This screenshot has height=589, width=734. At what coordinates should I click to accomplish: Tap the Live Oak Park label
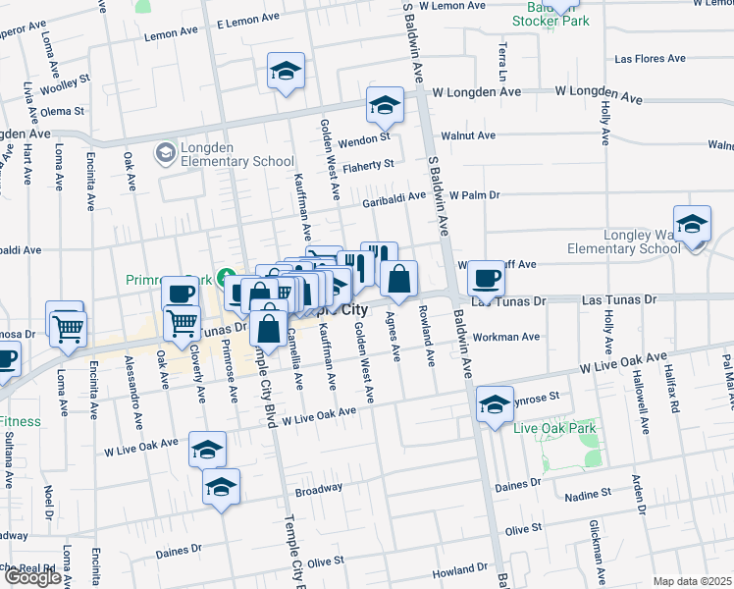pos(554,428)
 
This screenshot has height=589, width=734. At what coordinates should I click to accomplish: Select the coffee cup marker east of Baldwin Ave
pos(486,279)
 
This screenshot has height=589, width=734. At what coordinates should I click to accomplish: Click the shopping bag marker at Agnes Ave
pos(399,280)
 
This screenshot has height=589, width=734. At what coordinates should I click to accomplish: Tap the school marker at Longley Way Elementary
pos(692,226)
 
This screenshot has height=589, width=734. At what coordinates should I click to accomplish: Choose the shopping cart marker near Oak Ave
pos(182,323)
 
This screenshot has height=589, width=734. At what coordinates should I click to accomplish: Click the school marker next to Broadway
pos(221,487)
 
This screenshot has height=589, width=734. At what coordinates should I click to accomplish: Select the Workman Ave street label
pos(506,337)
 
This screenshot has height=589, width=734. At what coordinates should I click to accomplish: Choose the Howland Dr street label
pos(461,570)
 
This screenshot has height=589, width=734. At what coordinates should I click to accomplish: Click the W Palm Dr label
pos(476,195)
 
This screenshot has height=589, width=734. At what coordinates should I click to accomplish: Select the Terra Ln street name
pos(502,61)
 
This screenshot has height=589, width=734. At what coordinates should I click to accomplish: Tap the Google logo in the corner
pos(32,577)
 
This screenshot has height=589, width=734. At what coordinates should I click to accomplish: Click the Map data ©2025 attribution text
pos(692,581)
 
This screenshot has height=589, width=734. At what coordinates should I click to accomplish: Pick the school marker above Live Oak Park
pos(495,403)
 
